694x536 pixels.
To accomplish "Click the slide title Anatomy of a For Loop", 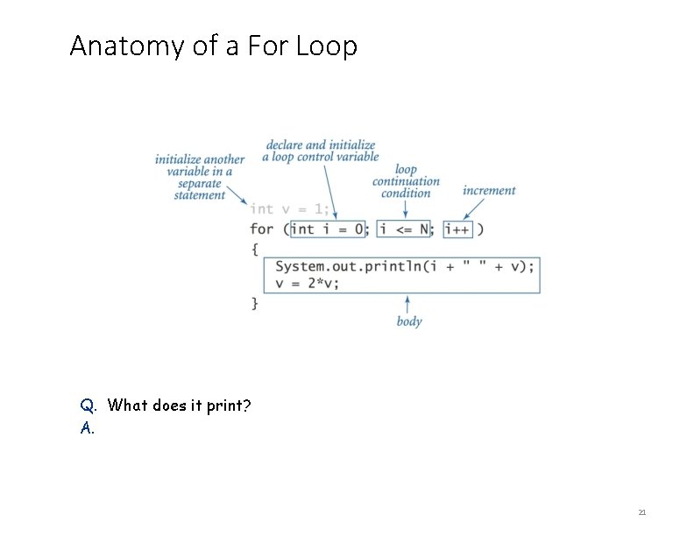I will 213,46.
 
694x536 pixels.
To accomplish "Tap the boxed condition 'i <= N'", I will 404,229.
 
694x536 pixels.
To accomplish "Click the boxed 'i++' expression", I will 458,229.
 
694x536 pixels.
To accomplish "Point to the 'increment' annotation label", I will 489,190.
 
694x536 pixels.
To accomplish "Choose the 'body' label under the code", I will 409,321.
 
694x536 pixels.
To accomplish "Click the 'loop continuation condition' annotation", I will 406,181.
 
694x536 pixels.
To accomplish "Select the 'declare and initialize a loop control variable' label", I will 321,151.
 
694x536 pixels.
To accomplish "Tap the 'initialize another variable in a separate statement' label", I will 200,177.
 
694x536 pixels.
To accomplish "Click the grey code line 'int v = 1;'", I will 289,209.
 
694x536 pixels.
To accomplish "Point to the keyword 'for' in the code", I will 261,229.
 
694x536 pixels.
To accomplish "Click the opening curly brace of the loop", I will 255,249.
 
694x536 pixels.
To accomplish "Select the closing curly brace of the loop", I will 255,303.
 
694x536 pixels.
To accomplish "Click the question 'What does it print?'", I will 180,406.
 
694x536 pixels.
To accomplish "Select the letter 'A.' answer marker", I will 87,428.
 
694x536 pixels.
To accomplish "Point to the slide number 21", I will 641,512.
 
